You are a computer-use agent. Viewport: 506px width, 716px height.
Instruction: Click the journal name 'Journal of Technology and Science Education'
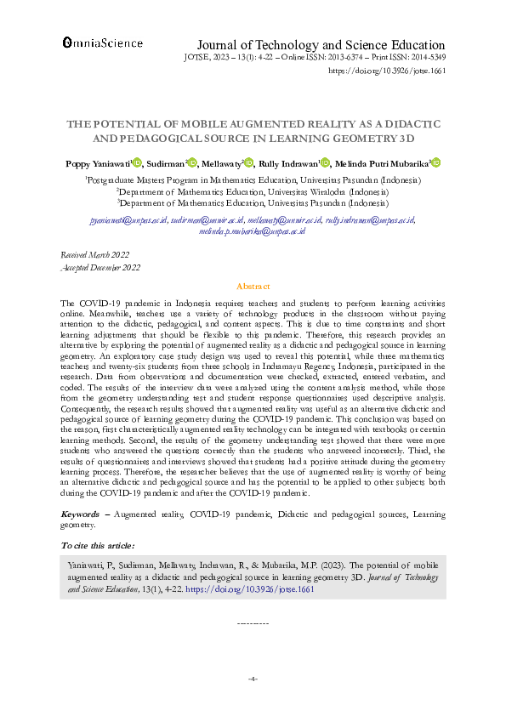coord(321,45)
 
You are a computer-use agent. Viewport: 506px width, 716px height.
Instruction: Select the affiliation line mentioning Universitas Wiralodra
coord(253,192)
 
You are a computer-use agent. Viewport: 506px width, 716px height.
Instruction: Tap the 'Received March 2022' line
coord(94,255)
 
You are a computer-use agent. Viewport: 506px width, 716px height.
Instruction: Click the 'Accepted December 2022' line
coord(99,267)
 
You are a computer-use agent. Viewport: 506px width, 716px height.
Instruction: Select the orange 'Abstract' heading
coord(253,287)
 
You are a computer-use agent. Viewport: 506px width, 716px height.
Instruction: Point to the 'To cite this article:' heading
coord(99,545)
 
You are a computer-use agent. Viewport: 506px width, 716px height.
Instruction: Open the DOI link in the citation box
coord(267,588)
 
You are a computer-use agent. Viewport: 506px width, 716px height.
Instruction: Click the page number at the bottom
coord(253,679)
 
